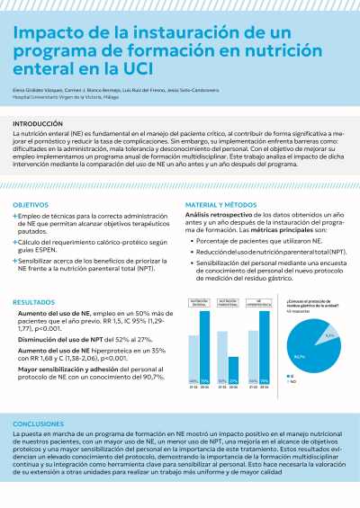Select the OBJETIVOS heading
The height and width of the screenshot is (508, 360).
[31, 205]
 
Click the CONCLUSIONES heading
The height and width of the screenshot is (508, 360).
[39, 423]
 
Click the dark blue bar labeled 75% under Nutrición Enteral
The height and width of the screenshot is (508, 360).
[205, 360]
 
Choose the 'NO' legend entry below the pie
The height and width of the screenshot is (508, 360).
[292, 406]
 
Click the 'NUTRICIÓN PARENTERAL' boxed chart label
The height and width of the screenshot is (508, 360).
[229, 303]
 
